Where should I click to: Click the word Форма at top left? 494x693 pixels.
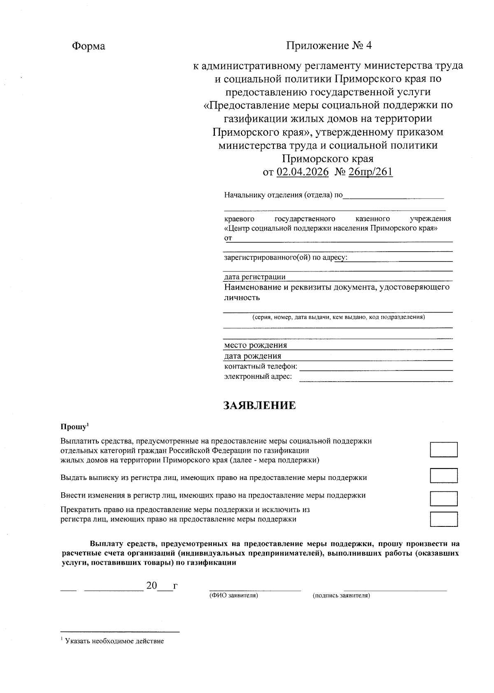[x=89, y=46]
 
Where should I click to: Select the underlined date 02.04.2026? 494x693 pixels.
[x=303, y=172]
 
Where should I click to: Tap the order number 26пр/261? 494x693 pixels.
[x=370, y=172]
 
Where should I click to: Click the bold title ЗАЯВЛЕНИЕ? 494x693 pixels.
[x=259, y=405]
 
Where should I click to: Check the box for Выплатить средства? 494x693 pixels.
[x=443, y=450]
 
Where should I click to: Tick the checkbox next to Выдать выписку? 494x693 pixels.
[x=443, y=475]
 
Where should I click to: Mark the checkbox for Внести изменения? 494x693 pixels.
[x=443, y=498]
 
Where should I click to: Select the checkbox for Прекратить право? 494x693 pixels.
[x=443, y=519]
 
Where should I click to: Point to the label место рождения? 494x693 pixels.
[x=255, y=345]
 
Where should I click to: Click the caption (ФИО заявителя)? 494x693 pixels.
[x=233, y=596]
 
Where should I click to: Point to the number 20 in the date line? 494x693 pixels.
[x=151, y=585]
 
